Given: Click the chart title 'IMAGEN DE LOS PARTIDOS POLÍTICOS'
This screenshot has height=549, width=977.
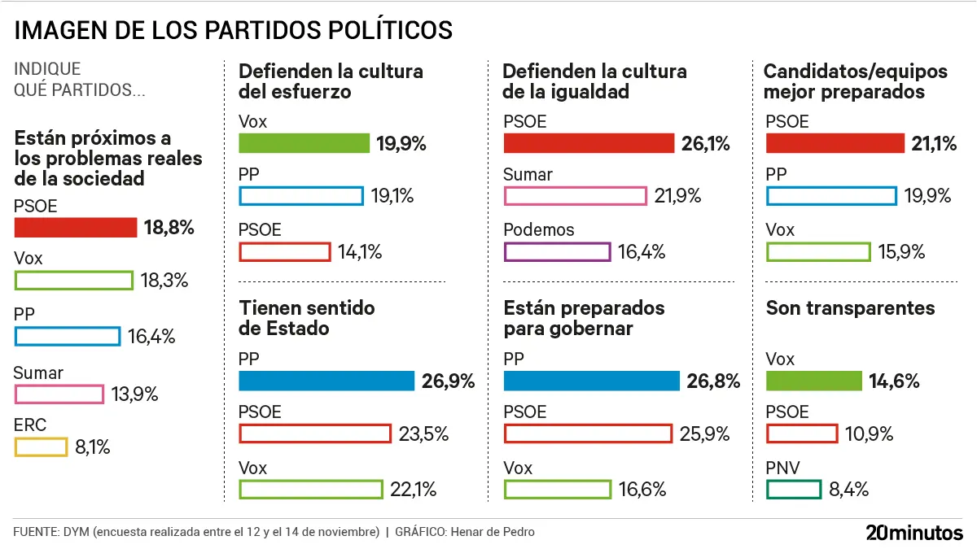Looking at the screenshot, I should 234,30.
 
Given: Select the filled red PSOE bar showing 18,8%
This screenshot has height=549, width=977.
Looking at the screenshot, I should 76,228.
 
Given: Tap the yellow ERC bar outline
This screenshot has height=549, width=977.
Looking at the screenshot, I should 41,447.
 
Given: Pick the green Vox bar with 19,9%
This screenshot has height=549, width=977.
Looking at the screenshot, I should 304,144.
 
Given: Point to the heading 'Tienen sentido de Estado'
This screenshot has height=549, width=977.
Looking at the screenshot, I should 306,318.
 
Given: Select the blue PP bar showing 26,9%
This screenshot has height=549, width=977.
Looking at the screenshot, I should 326,381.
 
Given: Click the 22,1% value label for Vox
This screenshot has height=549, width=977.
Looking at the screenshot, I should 414,489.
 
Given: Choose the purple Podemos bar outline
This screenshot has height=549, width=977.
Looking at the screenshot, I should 557,251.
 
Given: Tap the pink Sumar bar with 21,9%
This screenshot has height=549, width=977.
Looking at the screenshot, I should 576,196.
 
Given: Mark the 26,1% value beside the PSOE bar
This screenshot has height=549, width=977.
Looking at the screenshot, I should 705,144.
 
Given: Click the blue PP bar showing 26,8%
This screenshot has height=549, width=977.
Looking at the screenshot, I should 591,381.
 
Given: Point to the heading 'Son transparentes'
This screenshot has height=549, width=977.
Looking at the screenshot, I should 850,308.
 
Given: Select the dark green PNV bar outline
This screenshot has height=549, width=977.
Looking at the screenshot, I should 793,489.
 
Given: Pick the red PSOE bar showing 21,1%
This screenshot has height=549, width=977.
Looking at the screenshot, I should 835,144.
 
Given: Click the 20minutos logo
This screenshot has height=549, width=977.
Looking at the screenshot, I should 913,533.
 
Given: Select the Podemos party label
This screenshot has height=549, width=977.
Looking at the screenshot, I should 538,230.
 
